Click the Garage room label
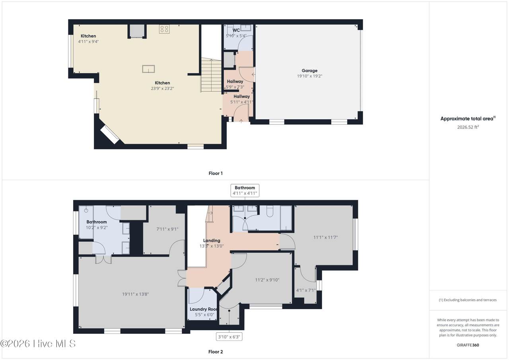(x=309, y=71)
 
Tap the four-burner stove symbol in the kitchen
(x=164, y=29)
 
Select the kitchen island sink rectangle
(x=148, y=69)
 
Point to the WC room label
(x=236, y=30)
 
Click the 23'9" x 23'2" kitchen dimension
(x=162, y=88)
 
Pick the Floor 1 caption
(x=216, y=173)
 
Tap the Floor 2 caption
(x=216, y=352)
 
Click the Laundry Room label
(x=203, y=309)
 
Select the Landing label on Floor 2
(x=212, y=240)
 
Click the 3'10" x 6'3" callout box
(x=229, y=337)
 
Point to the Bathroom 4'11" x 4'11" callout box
(x=245, y=191)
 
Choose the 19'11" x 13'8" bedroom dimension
(x=136, y=294)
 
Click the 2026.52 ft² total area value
(x=468, y=127)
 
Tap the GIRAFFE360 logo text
(x=468, y=345)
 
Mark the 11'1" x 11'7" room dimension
(x=325, y=237)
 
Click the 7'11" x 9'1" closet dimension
(x=167, y=229)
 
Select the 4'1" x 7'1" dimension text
(x=306, y=290)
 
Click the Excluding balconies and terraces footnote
(x=468, y=300)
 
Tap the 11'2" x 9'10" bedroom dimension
(x=267, y=280)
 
